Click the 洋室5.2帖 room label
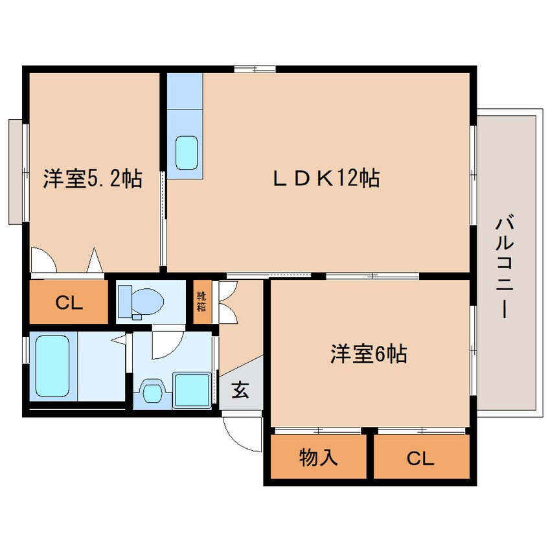coord(93,179)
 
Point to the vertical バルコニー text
coord(505,267)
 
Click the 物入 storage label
coord(318,458)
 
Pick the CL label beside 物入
coord(420,459)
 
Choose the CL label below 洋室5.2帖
coord(69,303)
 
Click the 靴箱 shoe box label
coord(201,302)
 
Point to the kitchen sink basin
coord(188,154)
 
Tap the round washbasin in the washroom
coord(154,391)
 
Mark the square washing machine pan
coord(192,390)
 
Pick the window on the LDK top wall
coord(255,67)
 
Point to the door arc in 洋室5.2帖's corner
coord(42,260)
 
